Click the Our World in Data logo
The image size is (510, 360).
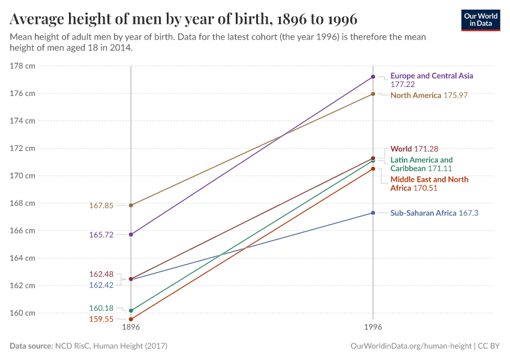click(x=480, y=20)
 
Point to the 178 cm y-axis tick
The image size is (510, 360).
click(x=23, y=66)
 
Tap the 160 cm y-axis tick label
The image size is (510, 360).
click(x=23, y=313)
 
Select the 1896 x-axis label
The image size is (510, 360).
click(x=131, y=328)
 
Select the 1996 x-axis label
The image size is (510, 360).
click(x=373, y=328)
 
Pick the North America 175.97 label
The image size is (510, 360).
click(x=428, y=95)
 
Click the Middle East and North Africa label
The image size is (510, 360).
click(x=429, y=184)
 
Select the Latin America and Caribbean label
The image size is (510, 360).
click(x=421, y=164)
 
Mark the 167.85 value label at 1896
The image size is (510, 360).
click(x=101, y=205)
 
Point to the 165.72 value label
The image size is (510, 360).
click(x=101, y=235)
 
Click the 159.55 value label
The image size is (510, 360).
click(x=101, y=320)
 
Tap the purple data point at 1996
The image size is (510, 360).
click(x=373, y=77)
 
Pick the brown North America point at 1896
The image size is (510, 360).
click(x=131, y=205)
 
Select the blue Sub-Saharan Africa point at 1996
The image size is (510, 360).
click(x=373, y=213)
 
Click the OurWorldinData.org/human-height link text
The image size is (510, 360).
click(x=410, y=346)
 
